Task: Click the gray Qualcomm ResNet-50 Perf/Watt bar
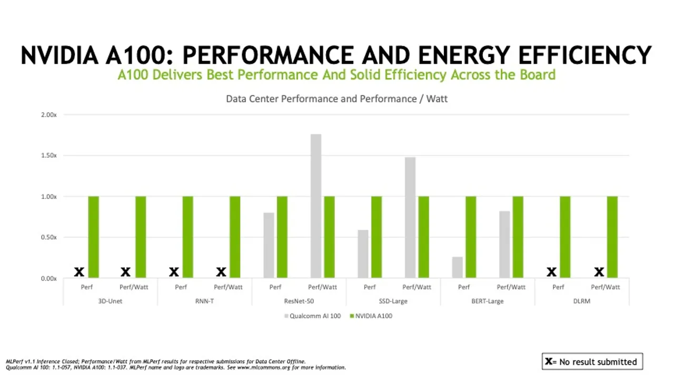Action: pyautogui.click(x=316, y=206)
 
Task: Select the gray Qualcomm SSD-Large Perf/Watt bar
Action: pyautogui.click(x=410, y=217)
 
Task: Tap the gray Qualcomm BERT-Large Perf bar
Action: pyautogui.click(x=457, y=267)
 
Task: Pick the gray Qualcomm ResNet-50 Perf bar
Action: pyautogui.click(x=269, y=245)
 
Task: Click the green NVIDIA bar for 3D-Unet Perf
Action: pyautogui.click(x=93, y=237)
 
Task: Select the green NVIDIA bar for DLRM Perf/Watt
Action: pyautogui.click(x=612, y=237)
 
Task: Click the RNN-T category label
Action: pyautogui.click(x=204, y=301)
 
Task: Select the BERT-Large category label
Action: pyautogui.click(x=488, y=301)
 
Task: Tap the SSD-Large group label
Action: pyautogui.click(x=393, y=301)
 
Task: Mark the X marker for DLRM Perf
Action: pyautogui.click(x=551, y=272)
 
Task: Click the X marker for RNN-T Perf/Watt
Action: pyautogui.click(x=221, y=272)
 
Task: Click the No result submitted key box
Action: pyautogui.click(x=592, y=362)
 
